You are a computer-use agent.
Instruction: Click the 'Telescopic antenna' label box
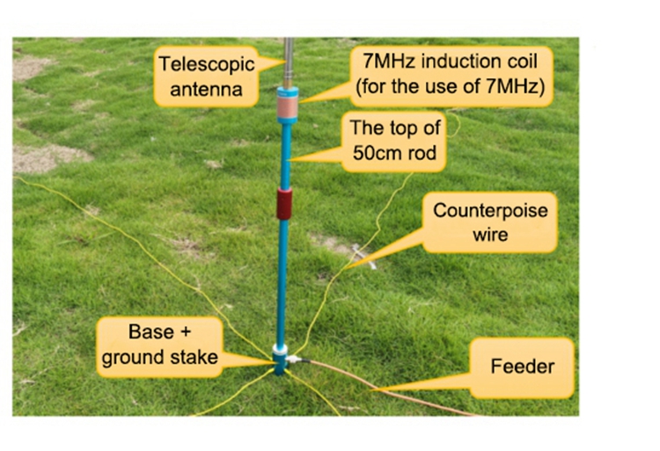(207, 75)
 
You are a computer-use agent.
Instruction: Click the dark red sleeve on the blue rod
(283, 204)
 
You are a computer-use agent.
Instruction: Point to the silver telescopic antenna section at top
(288, 57)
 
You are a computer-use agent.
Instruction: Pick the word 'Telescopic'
(207, 63)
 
